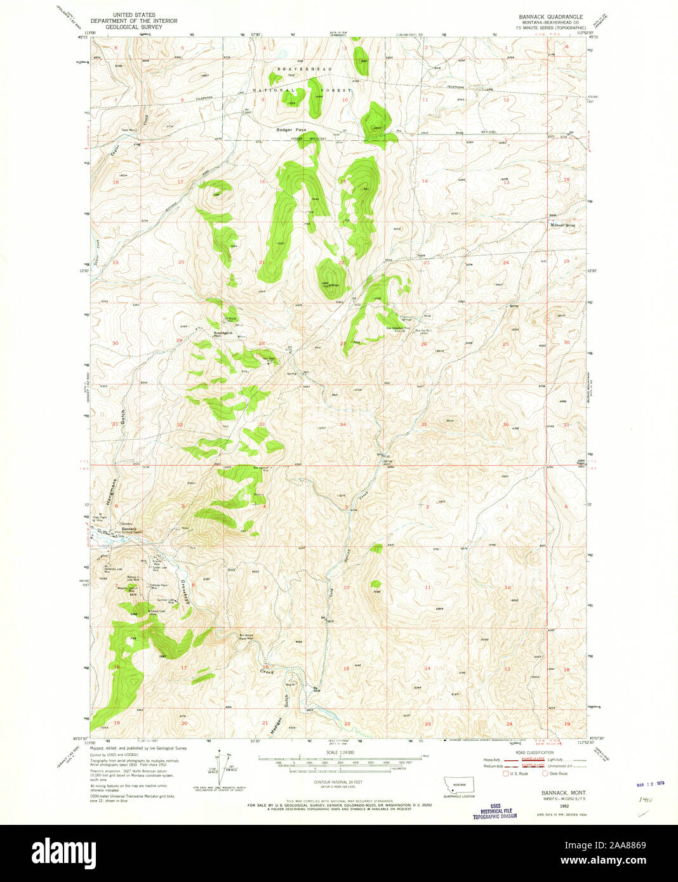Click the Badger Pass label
pyautogui.click(x=291, y=130)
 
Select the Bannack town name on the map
pyautogui.click(x=129, y=529)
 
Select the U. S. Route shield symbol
pyautogui.click(x=505, y=773)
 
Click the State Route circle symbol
pyautogui.click(x=545, y=773)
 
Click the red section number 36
pyautogui.click(x=506, y=425)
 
